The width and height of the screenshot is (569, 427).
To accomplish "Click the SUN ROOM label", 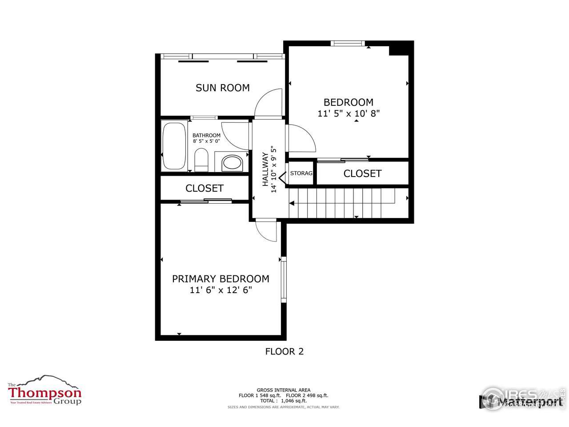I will pyautogui.click(x=223, y=88).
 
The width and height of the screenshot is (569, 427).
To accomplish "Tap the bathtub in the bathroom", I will pyautogui.click(x=174, y=147).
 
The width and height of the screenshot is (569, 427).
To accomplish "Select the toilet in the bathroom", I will pyautogui.click(x=201, y=160).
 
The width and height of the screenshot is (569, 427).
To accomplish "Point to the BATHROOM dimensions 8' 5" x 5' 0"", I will pyautogui.click(x=206, y=141).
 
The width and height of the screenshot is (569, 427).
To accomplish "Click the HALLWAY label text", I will pyautogui.click(x=265, y=169).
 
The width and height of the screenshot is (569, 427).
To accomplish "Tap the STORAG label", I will pyautogui.click(x=301, y=173).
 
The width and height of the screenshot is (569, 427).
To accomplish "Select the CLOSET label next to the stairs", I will pyautogui.click(x=362, y=173).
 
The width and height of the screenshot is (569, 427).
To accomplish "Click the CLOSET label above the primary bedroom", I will pyautogui.click(x=204, y=188).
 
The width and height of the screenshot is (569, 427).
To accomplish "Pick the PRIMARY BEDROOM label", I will pyautogui.click(x=220, y=279).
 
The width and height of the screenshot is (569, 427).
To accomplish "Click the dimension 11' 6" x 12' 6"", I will pyautogui.click(x=220, y=290).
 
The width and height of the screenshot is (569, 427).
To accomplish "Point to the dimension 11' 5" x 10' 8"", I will pyautogui.click(x=349, y=113).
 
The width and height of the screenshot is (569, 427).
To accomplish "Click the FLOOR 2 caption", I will pyautogui.click(x=284, y=351).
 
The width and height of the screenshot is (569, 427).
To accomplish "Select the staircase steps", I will pyautogui.click(x=345, y=202).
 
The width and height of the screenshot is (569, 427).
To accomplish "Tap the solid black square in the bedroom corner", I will pyautogui.click(x=399, y=48).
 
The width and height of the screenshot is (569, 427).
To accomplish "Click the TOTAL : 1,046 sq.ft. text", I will pyautogui.click(x=284, y=401).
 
